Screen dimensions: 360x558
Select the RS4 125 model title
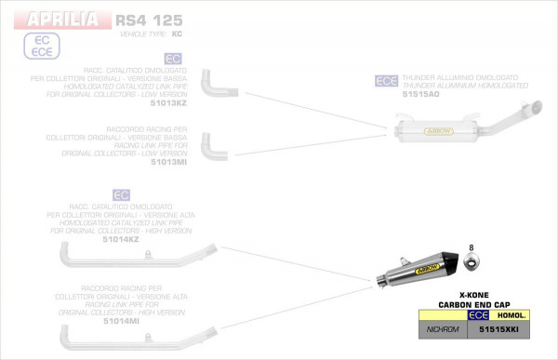[149, 20]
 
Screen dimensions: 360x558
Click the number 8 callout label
[472, 247]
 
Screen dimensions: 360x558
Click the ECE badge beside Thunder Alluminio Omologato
[386, 81]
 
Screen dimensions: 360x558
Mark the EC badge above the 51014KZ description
[120, 194]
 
